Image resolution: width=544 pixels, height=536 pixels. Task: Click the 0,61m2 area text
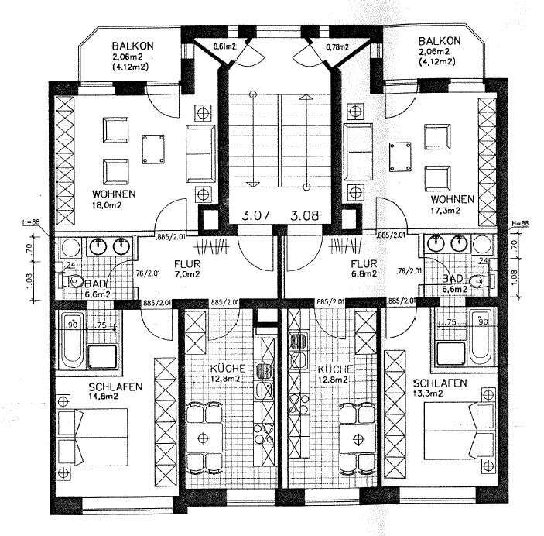224,46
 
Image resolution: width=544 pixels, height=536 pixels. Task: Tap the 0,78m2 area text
334,46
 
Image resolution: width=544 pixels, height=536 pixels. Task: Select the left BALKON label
132,46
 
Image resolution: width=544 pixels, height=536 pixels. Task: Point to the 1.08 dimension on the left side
28,277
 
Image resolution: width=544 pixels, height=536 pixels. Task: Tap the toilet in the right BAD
481,281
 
